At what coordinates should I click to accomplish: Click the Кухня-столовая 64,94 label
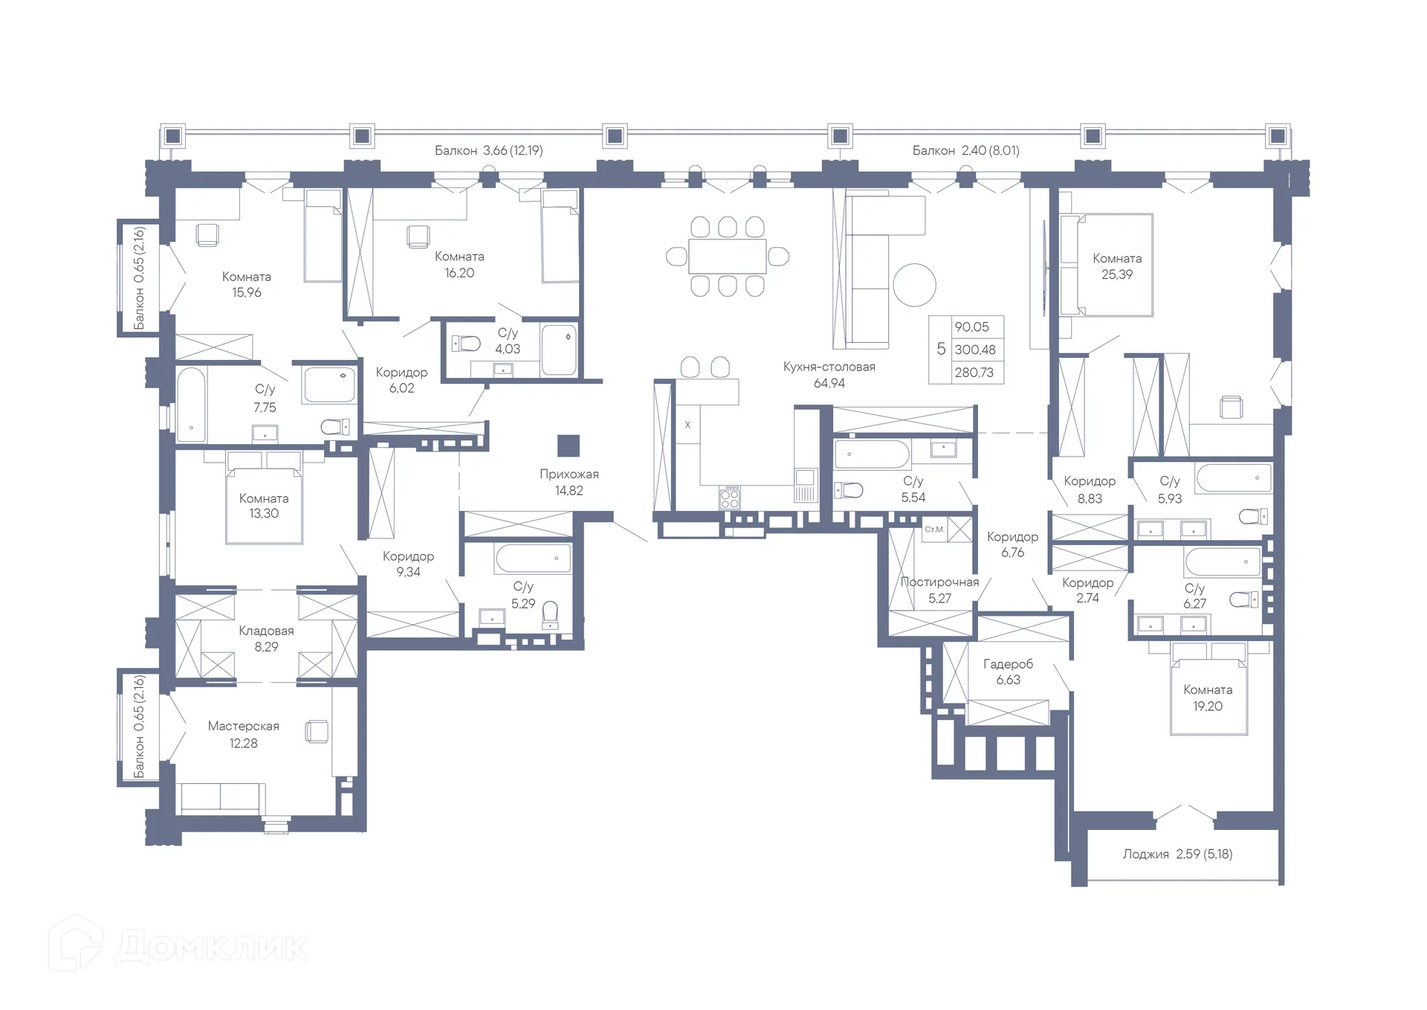point(829,375)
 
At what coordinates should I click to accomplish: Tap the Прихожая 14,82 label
point(569,482)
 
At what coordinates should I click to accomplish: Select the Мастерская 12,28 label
point(244,734)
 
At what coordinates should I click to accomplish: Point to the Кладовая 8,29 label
point(266,638)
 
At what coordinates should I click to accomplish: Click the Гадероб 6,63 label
point(1008,672)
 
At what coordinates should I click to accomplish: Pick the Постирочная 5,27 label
point(939,590)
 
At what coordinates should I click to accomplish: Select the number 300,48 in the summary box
point(975,350)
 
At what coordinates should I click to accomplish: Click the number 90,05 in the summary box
point(972,327)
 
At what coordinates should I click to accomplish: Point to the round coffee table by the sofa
point(914,285)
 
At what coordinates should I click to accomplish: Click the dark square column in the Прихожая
point(569,446)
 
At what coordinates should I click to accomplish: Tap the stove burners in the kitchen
point(730,498)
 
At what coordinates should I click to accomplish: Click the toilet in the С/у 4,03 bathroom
point(466,344)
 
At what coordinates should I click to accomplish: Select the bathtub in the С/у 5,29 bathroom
point(534,559)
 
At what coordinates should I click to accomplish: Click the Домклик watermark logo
point(179,945)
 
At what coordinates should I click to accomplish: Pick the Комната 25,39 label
point(1117,266)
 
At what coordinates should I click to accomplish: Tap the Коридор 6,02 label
point(401,380)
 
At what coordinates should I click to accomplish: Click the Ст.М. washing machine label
point(934,530)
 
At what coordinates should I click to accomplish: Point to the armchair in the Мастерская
point(317,731)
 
